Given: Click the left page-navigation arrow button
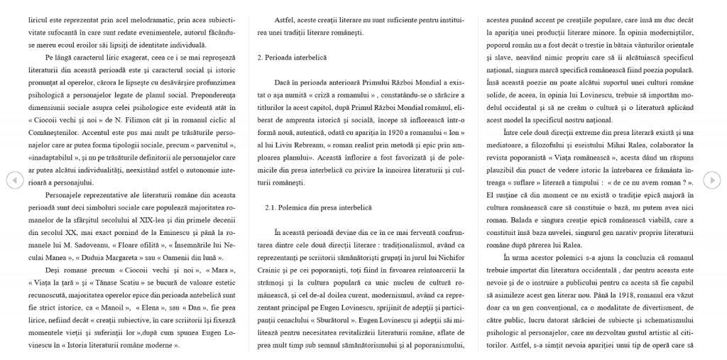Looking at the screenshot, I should (x=13, y=180).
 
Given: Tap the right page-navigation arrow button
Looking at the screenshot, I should (x=712, y=180).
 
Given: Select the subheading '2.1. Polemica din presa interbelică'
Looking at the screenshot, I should (x=312, y=207).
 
